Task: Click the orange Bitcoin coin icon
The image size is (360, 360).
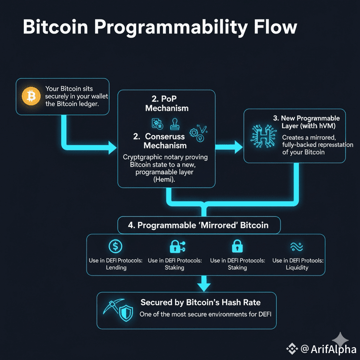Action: [30, 96]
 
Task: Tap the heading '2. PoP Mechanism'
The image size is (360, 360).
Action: [167, 103]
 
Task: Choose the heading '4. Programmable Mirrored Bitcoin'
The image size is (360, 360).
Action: [198, 226]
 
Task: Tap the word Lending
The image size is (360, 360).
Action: [116, 267]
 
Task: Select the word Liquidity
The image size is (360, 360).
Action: [297, 267]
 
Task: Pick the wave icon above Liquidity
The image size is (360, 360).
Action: [297, 247]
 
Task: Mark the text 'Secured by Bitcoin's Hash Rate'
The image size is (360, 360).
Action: [200, 302]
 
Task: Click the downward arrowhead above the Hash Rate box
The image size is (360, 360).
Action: [203, 285]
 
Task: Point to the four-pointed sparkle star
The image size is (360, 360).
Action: [340, 339]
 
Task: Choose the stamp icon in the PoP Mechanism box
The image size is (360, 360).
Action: [174, 123]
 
